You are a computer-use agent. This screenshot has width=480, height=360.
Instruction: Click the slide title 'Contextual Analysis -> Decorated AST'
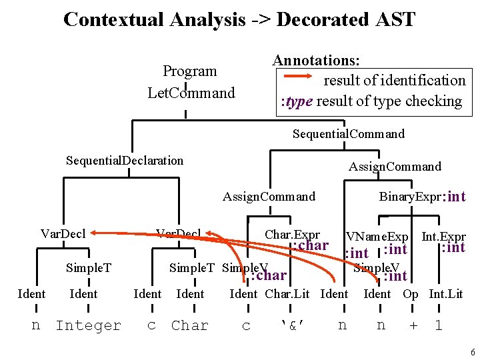pos(239,19)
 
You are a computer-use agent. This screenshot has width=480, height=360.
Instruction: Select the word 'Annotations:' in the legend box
pos(317,60)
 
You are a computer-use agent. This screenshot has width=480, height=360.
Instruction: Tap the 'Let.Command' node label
pos(191,93)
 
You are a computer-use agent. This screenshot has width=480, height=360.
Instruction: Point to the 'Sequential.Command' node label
pos(348,134)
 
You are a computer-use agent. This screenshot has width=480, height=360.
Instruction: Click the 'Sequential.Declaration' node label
pos(125,160)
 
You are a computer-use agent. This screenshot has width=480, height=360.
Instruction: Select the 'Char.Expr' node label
pos(292,235)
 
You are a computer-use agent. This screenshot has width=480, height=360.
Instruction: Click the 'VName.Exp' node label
pos(377,237)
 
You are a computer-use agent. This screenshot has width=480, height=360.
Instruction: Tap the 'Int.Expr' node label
pos(443,237)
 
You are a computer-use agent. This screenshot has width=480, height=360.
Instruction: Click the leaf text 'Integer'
pos(88,325)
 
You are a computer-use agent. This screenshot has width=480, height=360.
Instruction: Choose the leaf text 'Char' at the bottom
pos(189,325)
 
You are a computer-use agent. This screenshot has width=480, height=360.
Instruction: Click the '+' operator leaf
pos(413,325)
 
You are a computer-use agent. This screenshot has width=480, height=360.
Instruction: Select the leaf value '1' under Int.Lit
pos(438,325)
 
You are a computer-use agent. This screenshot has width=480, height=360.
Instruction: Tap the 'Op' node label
pos(411,294)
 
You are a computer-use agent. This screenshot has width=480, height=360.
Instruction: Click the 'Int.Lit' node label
pos(445,294)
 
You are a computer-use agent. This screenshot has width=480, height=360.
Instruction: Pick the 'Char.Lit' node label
pos(287,294)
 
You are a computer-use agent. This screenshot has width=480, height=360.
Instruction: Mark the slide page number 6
pos(471,351)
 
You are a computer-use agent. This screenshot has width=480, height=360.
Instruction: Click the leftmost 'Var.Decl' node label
pos(62,233)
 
